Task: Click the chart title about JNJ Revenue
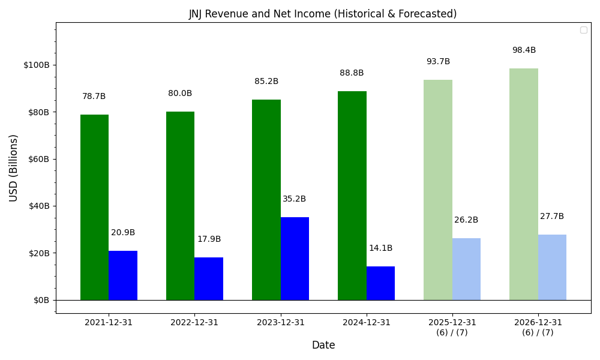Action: pyautogui.click(x=323, y=14)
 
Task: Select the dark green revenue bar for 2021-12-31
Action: pyautogui.click(x=94, y=207)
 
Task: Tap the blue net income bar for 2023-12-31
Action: pyautogui.click(x=295, y=259)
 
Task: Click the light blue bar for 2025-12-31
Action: pyautogui.click(x=466, y=269)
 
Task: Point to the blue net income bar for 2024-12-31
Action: pyautogui.click(x=380, y=283)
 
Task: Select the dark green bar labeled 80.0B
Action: pyautogui.click(x=180, y=206)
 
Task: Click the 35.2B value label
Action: pyautogui.click(x=294, y=199)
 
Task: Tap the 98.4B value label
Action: pyautogui.click(x=524, y=50)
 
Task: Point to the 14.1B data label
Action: pyautogui.click(x=380, y=248)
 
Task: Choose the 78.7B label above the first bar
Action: pyautogui.click(x=94, y=97)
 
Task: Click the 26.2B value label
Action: pyautogui.click(x=466, y=220)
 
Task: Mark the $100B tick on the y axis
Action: pyautogui.click(x=37, y=65)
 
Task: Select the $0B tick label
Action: pyautogui.click(x=41, y=300)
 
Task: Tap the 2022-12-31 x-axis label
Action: pyautogui.click(x=194, y=322)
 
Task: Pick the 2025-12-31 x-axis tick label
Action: pyautogui.click(x=452, y=323)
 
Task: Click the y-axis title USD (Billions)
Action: pyautogui.click(x=13, y=168)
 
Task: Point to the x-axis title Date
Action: pyautogui.click(x=323, y=345)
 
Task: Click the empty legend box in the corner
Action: pyautogui.click(x=583, y=30)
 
